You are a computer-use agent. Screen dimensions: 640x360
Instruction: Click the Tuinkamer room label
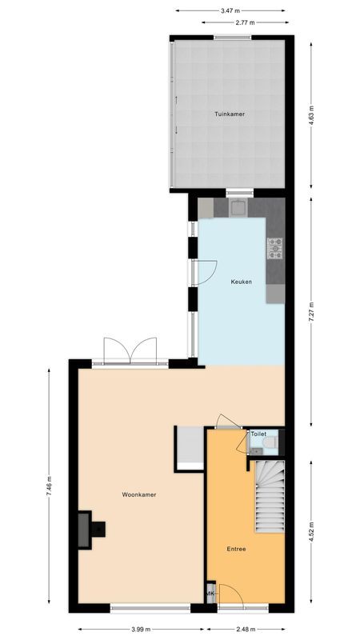(230, 114)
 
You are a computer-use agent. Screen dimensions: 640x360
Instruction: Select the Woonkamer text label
(139, 494)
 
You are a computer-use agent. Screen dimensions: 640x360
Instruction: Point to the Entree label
(235, 549)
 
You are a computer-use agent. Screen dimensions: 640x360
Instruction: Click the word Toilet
(258, 434)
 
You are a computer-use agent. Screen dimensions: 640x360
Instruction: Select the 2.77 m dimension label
(246, 22)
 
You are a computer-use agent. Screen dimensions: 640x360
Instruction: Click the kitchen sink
(239, 208)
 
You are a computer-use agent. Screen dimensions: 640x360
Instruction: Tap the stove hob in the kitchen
(275, 249)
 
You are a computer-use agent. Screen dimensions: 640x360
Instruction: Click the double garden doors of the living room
(130, 350)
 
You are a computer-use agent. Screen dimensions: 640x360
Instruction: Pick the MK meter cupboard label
(210, 594)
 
